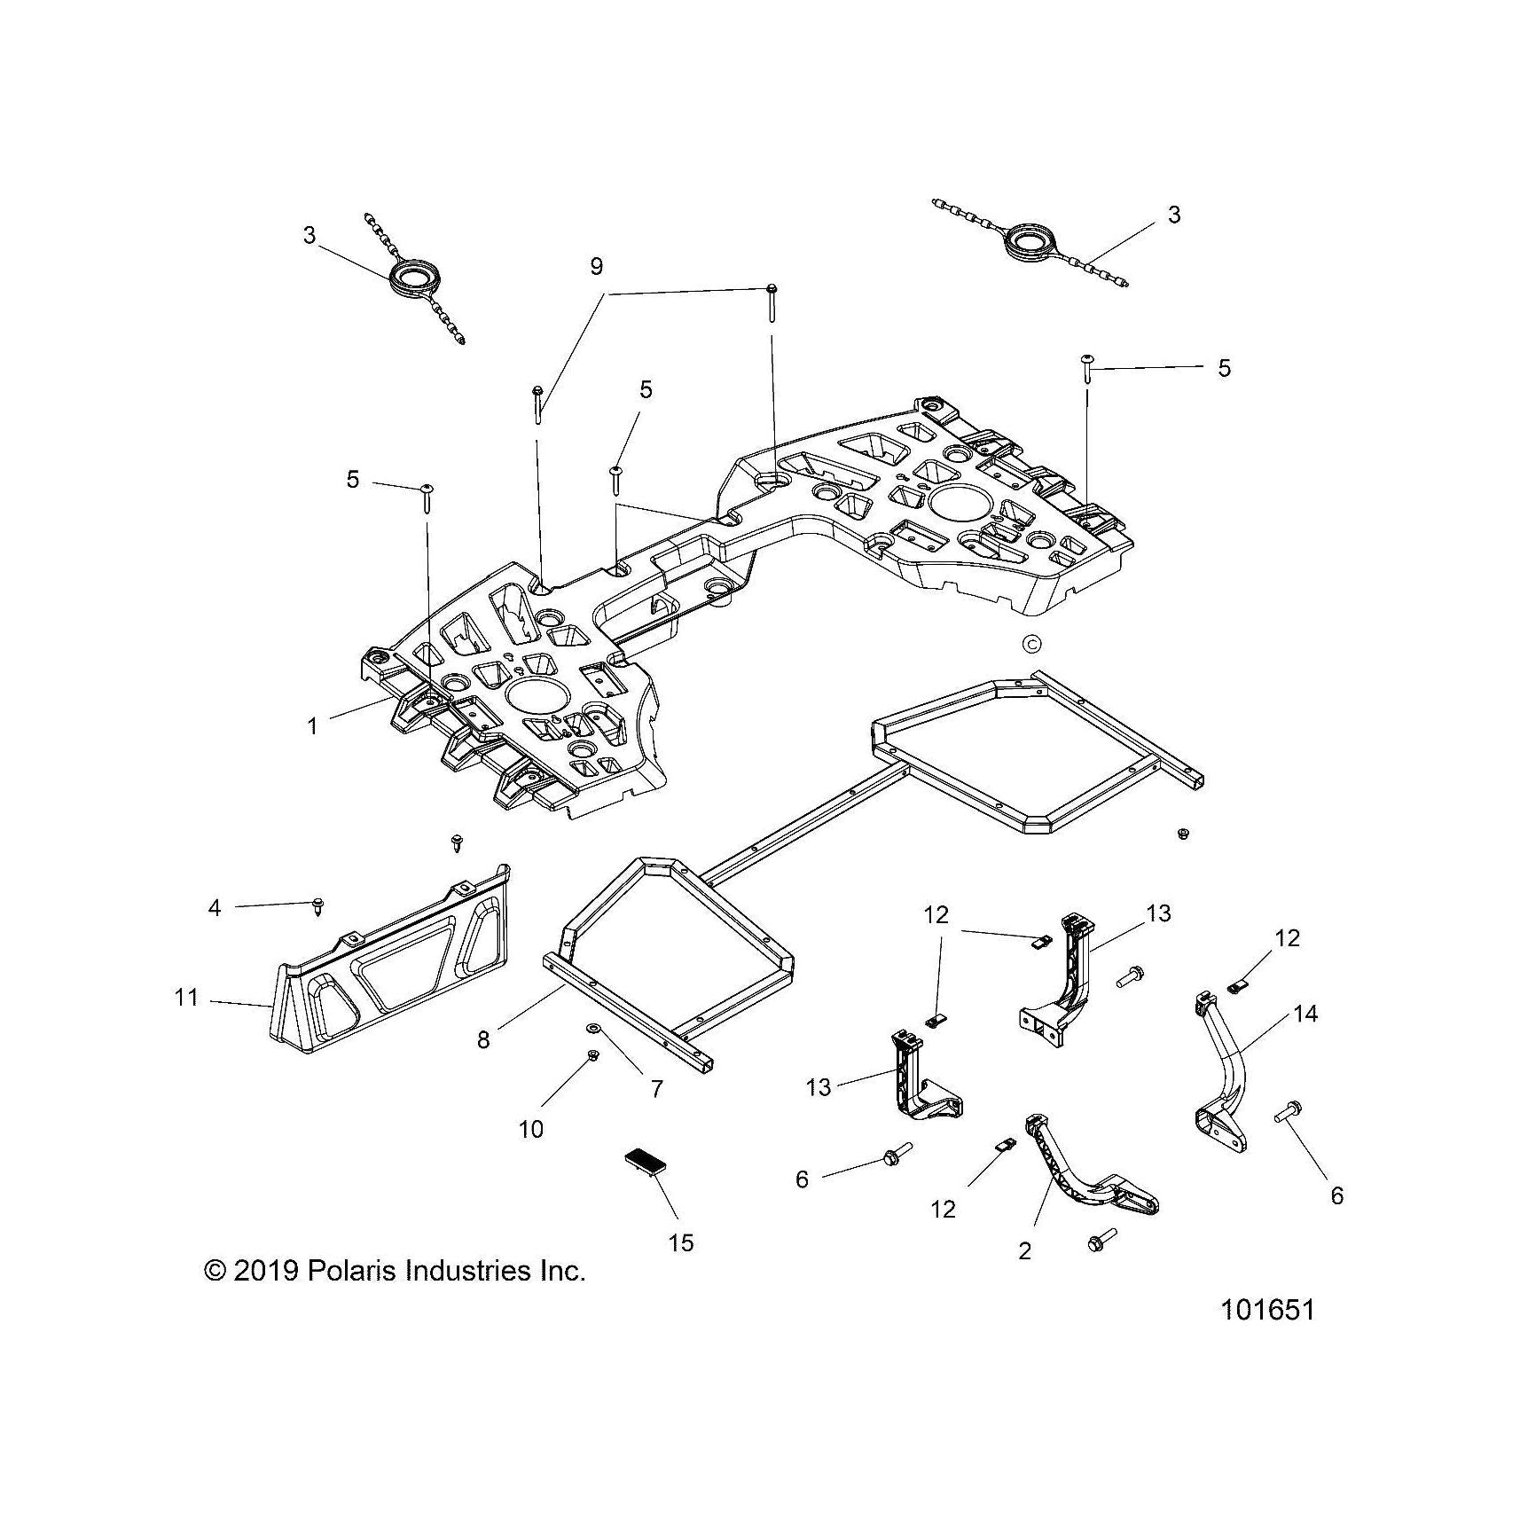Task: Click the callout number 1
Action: pyautogui.click(x=312, y=725)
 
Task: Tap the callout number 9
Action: pyautogui.click(x=596, y=265)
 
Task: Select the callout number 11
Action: pyautogui.click(x=186, y=998)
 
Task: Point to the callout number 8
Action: pyautogui.click(x=483, y=1039)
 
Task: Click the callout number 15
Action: pyautogui.click(x=681, y=1242)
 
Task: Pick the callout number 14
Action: pyautogui.click(x=1306, y=1013)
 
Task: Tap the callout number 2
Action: pyautogui.click(x=1025, y=1251)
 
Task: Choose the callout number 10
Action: pyautogui.click(x=532, y=1129)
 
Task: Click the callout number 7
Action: pyautogui.click(x=657, y=1088)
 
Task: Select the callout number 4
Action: pyautogui.click(x=215, y=907)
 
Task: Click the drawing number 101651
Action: pyautogui.click(x=1267, y=1309)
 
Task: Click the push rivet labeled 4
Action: pyautogui.click(x=318, y=905)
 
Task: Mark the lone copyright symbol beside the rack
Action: pyautogui.click(x=1031, y=643)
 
